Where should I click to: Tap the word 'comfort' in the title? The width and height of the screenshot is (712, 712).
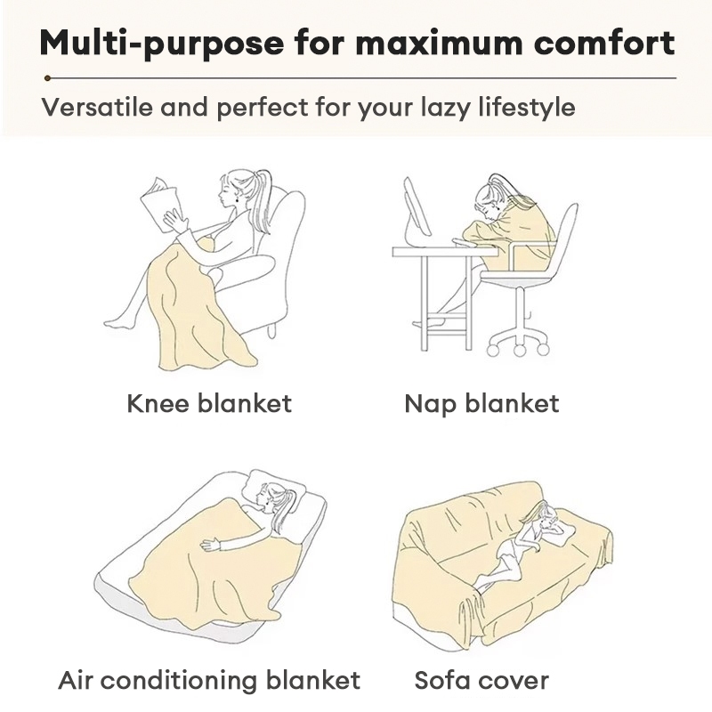tap(604, 43)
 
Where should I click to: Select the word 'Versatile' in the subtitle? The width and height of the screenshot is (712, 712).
tap(97, 108)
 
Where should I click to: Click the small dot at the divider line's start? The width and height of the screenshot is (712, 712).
tap(47, 78)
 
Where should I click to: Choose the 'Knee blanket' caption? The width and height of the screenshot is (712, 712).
tap(209, 403)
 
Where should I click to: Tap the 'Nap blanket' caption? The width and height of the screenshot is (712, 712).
tap(481, 404)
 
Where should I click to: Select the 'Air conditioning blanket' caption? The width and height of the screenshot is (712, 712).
tap(209, 680)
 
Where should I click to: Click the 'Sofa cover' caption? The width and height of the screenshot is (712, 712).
tap(481, 681)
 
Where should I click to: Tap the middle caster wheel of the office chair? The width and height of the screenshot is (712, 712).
tap(520, 350)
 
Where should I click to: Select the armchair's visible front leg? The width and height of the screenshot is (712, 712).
tap(271, 330)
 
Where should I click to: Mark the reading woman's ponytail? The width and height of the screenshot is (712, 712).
tap(263, 199)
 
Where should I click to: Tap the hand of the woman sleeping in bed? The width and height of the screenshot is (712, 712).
tap(210, 545)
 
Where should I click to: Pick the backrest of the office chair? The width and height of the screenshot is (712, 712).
tap(563, 236)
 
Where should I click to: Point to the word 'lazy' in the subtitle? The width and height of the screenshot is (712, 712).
tap(446, 109)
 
